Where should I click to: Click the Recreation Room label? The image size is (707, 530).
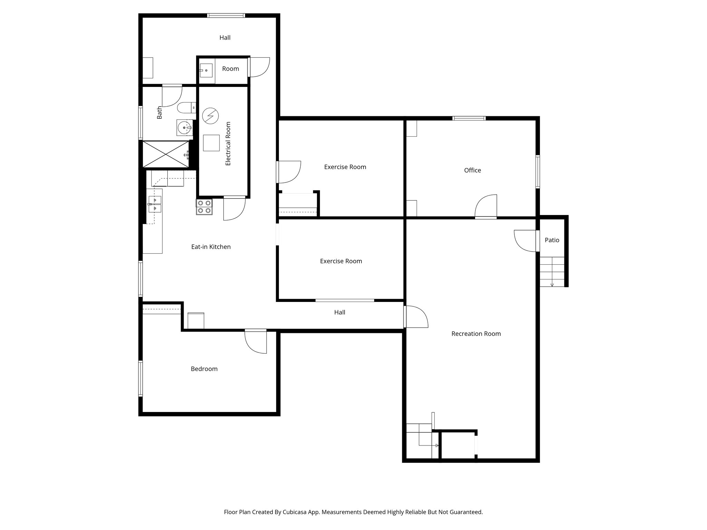(476, 334)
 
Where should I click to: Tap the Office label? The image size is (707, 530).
(472, 170)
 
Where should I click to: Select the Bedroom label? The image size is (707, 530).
(204, 369)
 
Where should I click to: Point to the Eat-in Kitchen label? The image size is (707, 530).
(211, 247)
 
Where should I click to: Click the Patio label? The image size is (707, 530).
(552, 240)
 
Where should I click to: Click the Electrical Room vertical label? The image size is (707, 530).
(228, 144)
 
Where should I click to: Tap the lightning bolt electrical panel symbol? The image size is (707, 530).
(210, 116)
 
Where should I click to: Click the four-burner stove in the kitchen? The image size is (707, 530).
(204, 207)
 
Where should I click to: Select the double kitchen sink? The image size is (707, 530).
(155, 204)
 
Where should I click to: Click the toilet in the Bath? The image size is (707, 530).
(186, 108)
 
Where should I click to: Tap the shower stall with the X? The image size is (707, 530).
(166, 154)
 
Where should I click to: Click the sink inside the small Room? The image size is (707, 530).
(206, 70)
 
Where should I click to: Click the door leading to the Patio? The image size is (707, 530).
(526, 241)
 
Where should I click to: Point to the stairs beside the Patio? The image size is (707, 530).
(552, 272)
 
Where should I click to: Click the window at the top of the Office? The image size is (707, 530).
(469, 118)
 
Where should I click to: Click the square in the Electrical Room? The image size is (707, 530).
(211, 143)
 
